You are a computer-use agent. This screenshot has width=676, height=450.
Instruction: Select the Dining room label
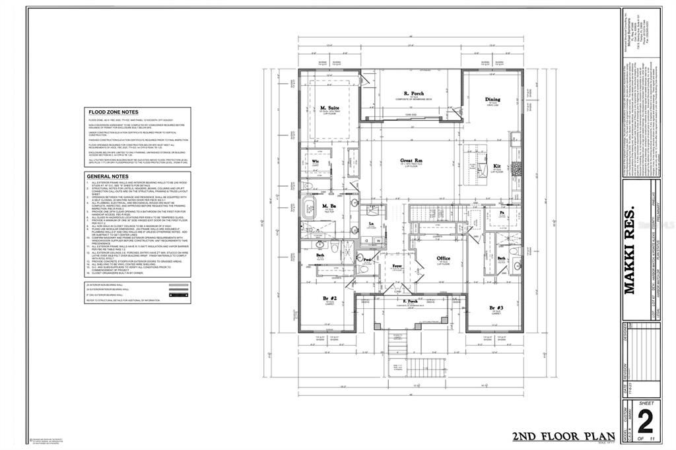(492, 100)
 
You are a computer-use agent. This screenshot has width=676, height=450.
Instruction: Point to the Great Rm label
(412, 160)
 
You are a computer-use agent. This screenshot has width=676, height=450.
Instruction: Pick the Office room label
(444, 259)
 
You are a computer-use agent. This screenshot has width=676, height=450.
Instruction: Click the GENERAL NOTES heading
(106, 176)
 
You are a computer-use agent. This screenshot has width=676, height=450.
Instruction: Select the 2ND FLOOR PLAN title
(563, 437)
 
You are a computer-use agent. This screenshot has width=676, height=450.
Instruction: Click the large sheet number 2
(647, 421)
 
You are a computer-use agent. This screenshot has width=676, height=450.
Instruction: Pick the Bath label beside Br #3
(501, 259)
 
